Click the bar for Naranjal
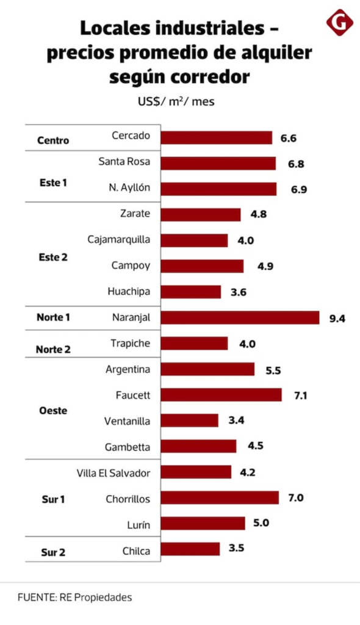[x=240, y=317]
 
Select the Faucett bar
[x=221, y=395]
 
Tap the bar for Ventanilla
[x=190, y=421]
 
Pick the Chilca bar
[x=190, y=549]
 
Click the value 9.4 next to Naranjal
[x=337, y=319]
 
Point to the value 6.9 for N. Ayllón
[x=298, y=189]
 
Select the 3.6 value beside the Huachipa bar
[x=239, y=292]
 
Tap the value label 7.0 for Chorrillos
[x=296, y=498]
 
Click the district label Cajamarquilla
[x=119, y=239]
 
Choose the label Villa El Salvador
[x=113, y=473]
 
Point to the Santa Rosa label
[x=124, y=161]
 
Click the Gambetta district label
[x=128, y=447]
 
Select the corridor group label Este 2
[x=53, y=258]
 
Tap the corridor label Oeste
[x=53, y=411]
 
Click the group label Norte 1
[x=53, y=317]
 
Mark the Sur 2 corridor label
[x=53, y=552]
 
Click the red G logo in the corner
[x=340, y=23]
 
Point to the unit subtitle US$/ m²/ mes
[x=176, y=102]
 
